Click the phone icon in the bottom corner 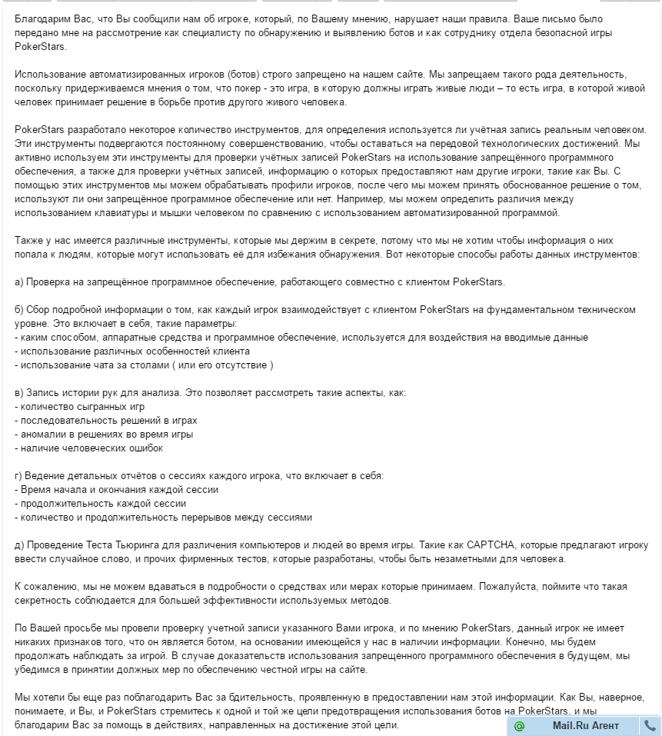pyautogui.click(x=650, y=725)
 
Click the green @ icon pyautogui.click(x=520, y=725)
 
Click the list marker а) pyautogui.click(x=20, y=281)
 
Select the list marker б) pyautogui.click(x=20, y=309)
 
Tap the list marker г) pyautogui.click(x=19, y=475)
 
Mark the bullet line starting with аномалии pyautogui.click(x=104, y=434)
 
